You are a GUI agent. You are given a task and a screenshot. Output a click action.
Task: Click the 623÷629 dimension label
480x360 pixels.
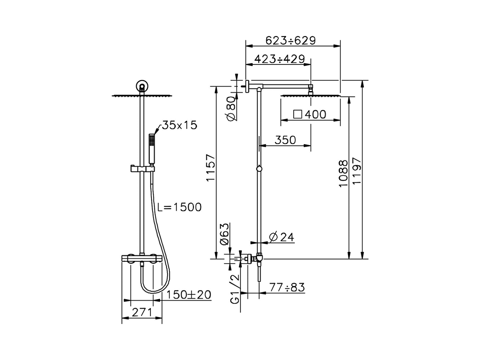click(291, 40)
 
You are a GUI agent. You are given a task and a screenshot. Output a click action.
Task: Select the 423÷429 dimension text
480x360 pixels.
click(280, 59)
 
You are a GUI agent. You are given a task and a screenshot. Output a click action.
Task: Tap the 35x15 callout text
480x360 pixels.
click(179, 125)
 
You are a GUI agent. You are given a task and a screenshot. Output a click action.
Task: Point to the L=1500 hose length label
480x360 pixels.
click(179, 207)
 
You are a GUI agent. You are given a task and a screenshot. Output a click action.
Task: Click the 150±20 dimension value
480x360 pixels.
click(189, 295)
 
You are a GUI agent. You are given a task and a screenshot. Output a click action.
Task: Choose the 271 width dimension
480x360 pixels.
click(142, 312)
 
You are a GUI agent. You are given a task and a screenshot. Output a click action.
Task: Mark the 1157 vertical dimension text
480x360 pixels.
click(211, 168)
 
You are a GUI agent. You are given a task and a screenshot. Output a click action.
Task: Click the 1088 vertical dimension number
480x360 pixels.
click(343, 174)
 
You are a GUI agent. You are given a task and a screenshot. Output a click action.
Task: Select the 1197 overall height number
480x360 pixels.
click(357, 171)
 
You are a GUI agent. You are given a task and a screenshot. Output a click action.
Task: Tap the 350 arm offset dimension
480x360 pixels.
click(285, 139)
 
